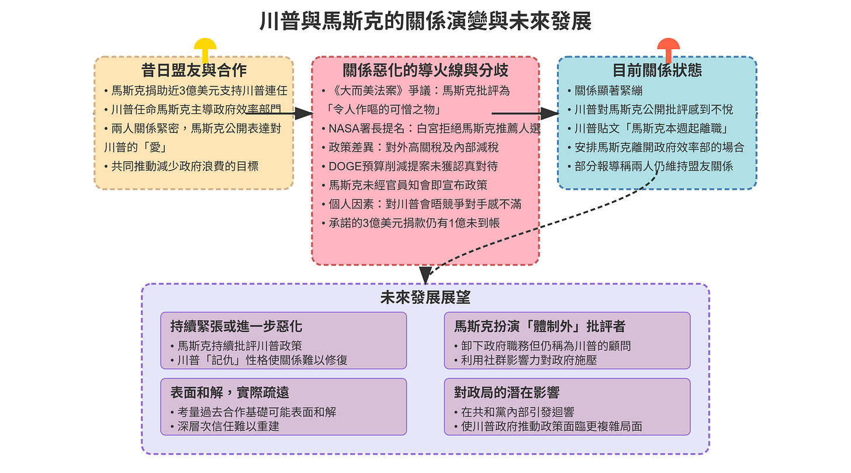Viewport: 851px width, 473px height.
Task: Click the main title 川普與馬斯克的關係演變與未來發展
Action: pyautogui.click(x=425, y=21)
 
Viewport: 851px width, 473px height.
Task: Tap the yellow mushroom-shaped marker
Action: pyautogui.click(x=205, y=47)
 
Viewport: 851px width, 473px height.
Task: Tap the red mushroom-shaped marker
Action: pyautogui.click(x=668, y=47)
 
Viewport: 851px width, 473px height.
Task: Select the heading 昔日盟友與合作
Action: pyautogui.click(x=193, y=70)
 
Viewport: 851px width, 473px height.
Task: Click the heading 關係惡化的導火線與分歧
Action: pyautogui.click(x=425, y=70)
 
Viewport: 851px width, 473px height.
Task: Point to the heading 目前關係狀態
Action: pyautogui.click(x=657, y=70)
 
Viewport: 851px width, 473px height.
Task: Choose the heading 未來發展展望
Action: pyautogui.click(x=425, y=298)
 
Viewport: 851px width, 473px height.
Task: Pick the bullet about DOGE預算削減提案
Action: pyautogui.click(x=413, y=167)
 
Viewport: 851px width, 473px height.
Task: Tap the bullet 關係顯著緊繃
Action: pyautogui.click(x=608, y=91)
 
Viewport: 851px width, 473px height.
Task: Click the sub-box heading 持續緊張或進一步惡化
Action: pyautogui.click(x=236, y=326)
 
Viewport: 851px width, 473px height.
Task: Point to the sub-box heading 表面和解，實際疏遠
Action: pyautogui.click(x=230, y=392)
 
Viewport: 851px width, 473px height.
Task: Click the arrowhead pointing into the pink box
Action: pyautogui.click(x=304, y=113)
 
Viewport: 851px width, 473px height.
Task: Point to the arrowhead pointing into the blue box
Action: pyautogui.click(x=550, y=113)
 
